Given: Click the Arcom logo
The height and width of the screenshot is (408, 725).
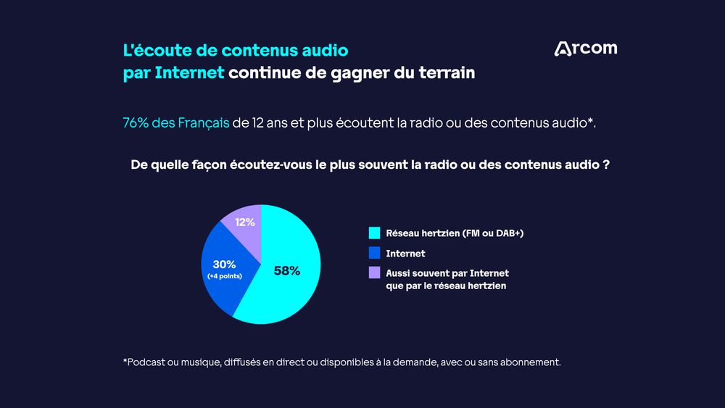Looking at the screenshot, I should [x=585, y=49].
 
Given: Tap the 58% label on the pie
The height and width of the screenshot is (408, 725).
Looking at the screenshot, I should [x=286, y=271].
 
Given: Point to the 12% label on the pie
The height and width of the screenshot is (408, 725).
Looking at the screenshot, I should [x=244, y=222].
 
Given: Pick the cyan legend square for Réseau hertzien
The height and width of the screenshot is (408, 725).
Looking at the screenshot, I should [x=374, y=233].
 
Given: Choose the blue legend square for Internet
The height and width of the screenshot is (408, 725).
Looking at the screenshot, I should [x=374, y=254].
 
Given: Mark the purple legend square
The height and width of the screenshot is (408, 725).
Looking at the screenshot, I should [x=374, y=273].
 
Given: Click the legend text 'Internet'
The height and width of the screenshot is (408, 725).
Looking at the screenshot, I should [x=405, y=254].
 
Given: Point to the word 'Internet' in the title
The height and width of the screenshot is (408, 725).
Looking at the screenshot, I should [x=189, y=73].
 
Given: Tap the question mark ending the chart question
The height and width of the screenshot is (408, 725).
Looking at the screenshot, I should [x=605, y=165].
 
